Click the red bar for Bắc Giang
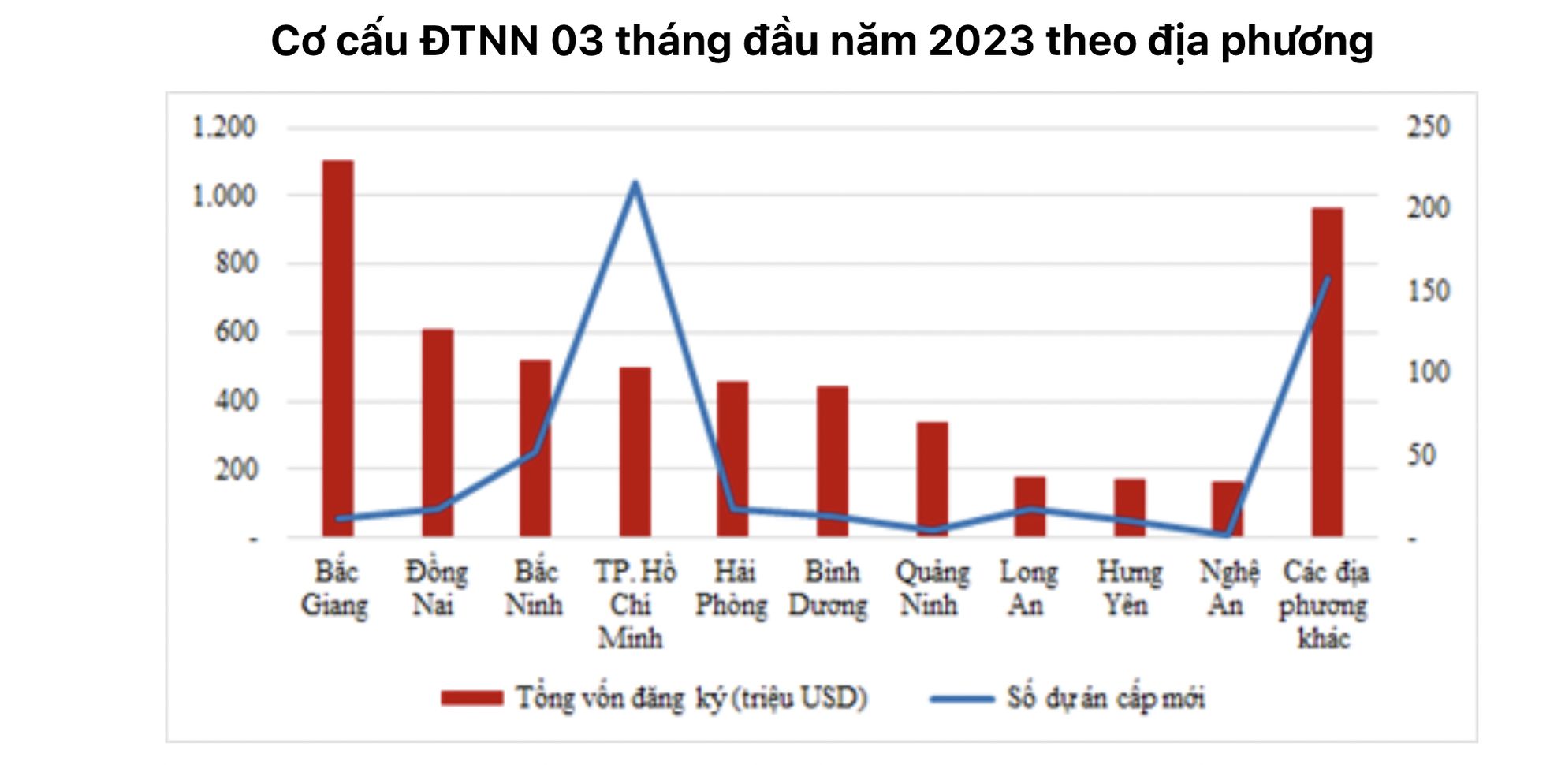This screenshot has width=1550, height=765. coord(338,347)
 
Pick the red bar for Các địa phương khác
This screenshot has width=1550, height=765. coord(1327,371)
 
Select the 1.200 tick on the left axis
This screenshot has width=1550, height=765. coord(224,127)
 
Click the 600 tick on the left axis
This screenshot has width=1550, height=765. coord(236,332)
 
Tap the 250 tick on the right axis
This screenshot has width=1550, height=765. coord(1429,127)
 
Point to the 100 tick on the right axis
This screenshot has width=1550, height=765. coord(1429,372)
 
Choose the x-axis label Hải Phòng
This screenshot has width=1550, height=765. coord(732,588)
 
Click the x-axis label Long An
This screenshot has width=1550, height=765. coord(1028,588)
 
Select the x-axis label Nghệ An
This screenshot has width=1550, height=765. coord(1228,588)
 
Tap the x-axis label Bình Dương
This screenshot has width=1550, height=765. coord(829,588)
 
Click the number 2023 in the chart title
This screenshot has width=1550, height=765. coord(981,41)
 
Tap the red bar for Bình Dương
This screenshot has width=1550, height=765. coord(833,461)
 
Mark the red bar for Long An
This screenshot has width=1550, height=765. coord(1030,506)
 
